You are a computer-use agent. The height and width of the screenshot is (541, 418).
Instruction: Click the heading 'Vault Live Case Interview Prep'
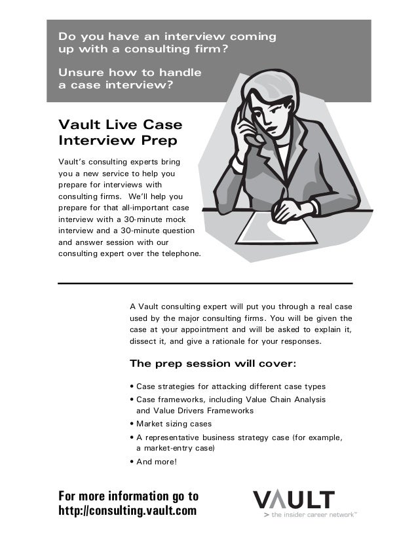(121, 132)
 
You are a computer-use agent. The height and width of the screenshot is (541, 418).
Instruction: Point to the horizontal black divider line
(205, 283)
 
